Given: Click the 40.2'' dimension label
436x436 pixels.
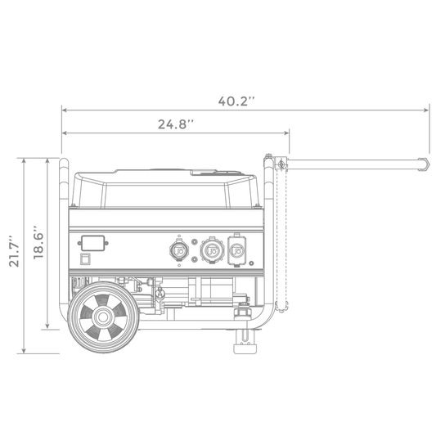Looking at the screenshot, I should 236,101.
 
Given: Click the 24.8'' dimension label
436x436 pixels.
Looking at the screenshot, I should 175,124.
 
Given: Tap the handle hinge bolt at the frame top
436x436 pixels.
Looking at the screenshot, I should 281,164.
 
